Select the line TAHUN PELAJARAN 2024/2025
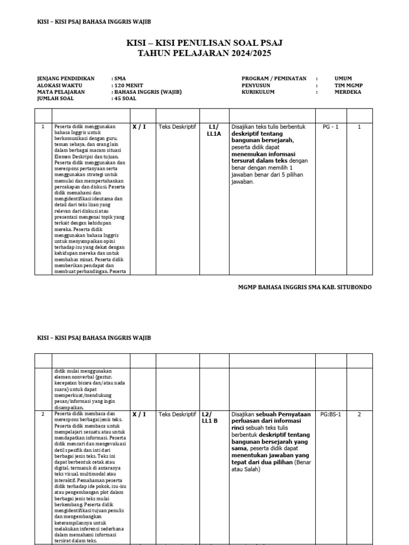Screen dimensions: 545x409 (x=204, y=53)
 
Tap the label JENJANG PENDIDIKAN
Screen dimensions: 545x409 (x=66, y=78)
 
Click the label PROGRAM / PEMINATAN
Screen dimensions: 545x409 (x=274, y=78)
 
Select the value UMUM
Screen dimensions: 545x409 (x=343, y=78)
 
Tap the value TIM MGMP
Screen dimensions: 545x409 (x=347, y=85)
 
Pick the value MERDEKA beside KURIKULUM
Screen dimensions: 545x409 (x=347, y=92)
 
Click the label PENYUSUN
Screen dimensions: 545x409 (x=256, y=85)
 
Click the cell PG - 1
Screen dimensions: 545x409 (x=331, y=127)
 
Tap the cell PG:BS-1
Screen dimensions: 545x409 (x=331, y=414)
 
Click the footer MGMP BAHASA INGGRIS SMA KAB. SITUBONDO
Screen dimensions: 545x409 (x=305, y=287)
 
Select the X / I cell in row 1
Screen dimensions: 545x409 (x=139, y=127)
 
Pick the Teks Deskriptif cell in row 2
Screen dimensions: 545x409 (x=177, y=414)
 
